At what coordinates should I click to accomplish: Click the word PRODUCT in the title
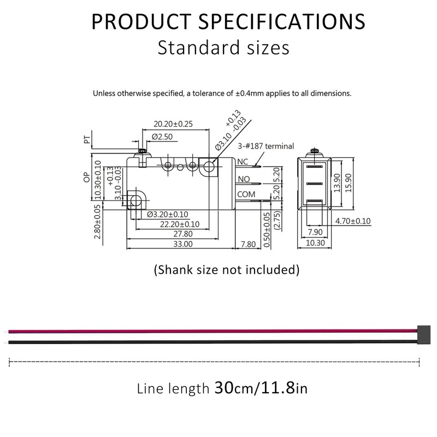tap(138, 21)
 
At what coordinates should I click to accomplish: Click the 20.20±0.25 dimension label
tap(173, 124)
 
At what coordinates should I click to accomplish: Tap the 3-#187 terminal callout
tap(266, 146)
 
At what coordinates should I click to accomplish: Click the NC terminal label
tap(243, 162)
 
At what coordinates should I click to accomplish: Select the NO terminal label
tap(244, 179)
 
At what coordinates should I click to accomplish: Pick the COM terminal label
tap(246, 194)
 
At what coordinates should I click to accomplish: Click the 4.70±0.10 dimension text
tap(352, 221)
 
